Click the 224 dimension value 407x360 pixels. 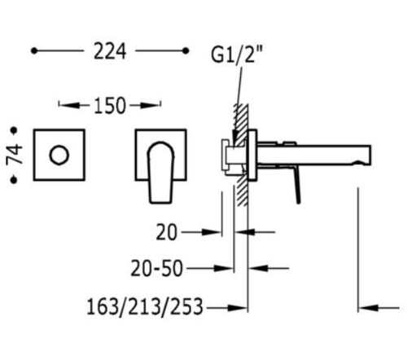pos(110,51)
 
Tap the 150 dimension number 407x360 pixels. pos(110,106)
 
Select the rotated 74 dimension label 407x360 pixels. pos(15,154)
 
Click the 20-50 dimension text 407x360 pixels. pos(157,269)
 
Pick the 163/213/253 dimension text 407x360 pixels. pos(145,307)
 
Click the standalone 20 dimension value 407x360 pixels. pos(167,232)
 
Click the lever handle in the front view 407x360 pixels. pos(160,173)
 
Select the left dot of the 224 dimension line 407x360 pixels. pos(34,50)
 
